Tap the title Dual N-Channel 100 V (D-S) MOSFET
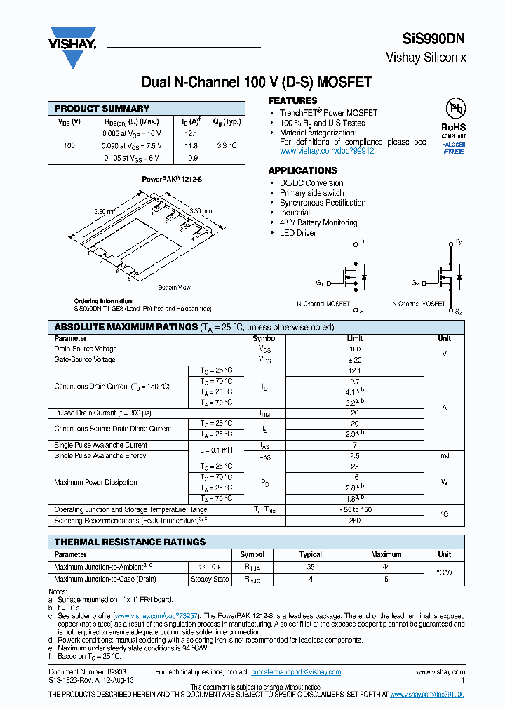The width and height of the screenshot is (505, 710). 256,82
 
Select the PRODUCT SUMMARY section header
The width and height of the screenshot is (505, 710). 102,109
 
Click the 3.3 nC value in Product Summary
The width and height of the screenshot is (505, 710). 227,146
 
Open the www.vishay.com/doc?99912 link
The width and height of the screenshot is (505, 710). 327,151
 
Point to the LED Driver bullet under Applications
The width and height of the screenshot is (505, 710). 297,232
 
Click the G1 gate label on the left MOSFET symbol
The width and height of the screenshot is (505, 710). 320,283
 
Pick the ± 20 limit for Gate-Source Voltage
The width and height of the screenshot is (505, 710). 355,359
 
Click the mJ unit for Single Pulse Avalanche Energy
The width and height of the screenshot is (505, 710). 444,456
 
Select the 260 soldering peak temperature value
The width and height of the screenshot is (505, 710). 355,521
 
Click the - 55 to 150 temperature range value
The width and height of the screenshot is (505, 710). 355,509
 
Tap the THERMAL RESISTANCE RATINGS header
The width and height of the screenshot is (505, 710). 130,542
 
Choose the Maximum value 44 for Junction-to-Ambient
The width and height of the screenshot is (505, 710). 386,566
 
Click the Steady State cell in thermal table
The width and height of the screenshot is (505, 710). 210,580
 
